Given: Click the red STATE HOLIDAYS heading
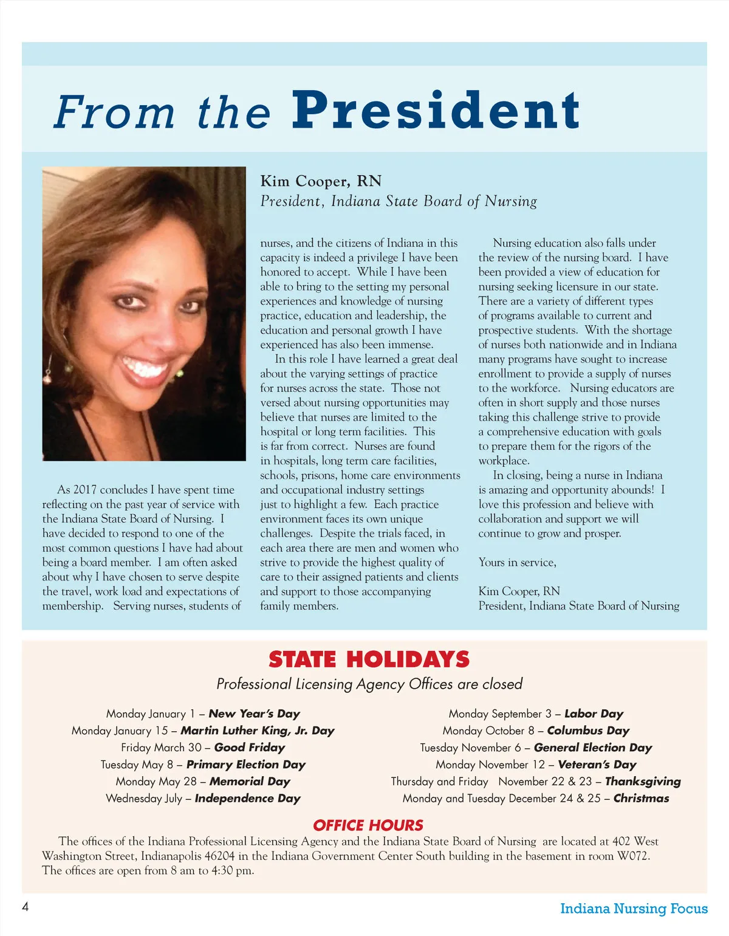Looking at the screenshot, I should (369, 659).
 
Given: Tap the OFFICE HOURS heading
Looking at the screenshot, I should (368, 825).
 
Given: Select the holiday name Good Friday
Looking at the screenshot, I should (250, 748).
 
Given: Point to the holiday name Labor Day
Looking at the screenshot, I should (594, 714).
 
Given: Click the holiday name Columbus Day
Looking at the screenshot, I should (588, 731).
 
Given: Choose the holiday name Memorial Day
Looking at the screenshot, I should (250, 782).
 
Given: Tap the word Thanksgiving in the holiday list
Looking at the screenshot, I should (643, 782).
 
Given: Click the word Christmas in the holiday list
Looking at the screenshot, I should (641, 799).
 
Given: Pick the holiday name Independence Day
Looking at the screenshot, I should (247, 799).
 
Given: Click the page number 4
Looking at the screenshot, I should (26, 907).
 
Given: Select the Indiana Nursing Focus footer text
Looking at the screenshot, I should (634, 909).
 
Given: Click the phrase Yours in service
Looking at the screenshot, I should (517, 563).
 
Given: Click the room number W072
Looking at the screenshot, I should (633, 856).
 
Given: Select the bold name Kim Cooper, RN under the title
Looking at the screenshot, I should (321, 181).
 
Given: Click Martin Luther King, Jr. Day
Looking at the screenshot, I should (258, 731).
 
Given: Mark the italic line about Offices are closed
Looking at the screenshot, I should (369, 684).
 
